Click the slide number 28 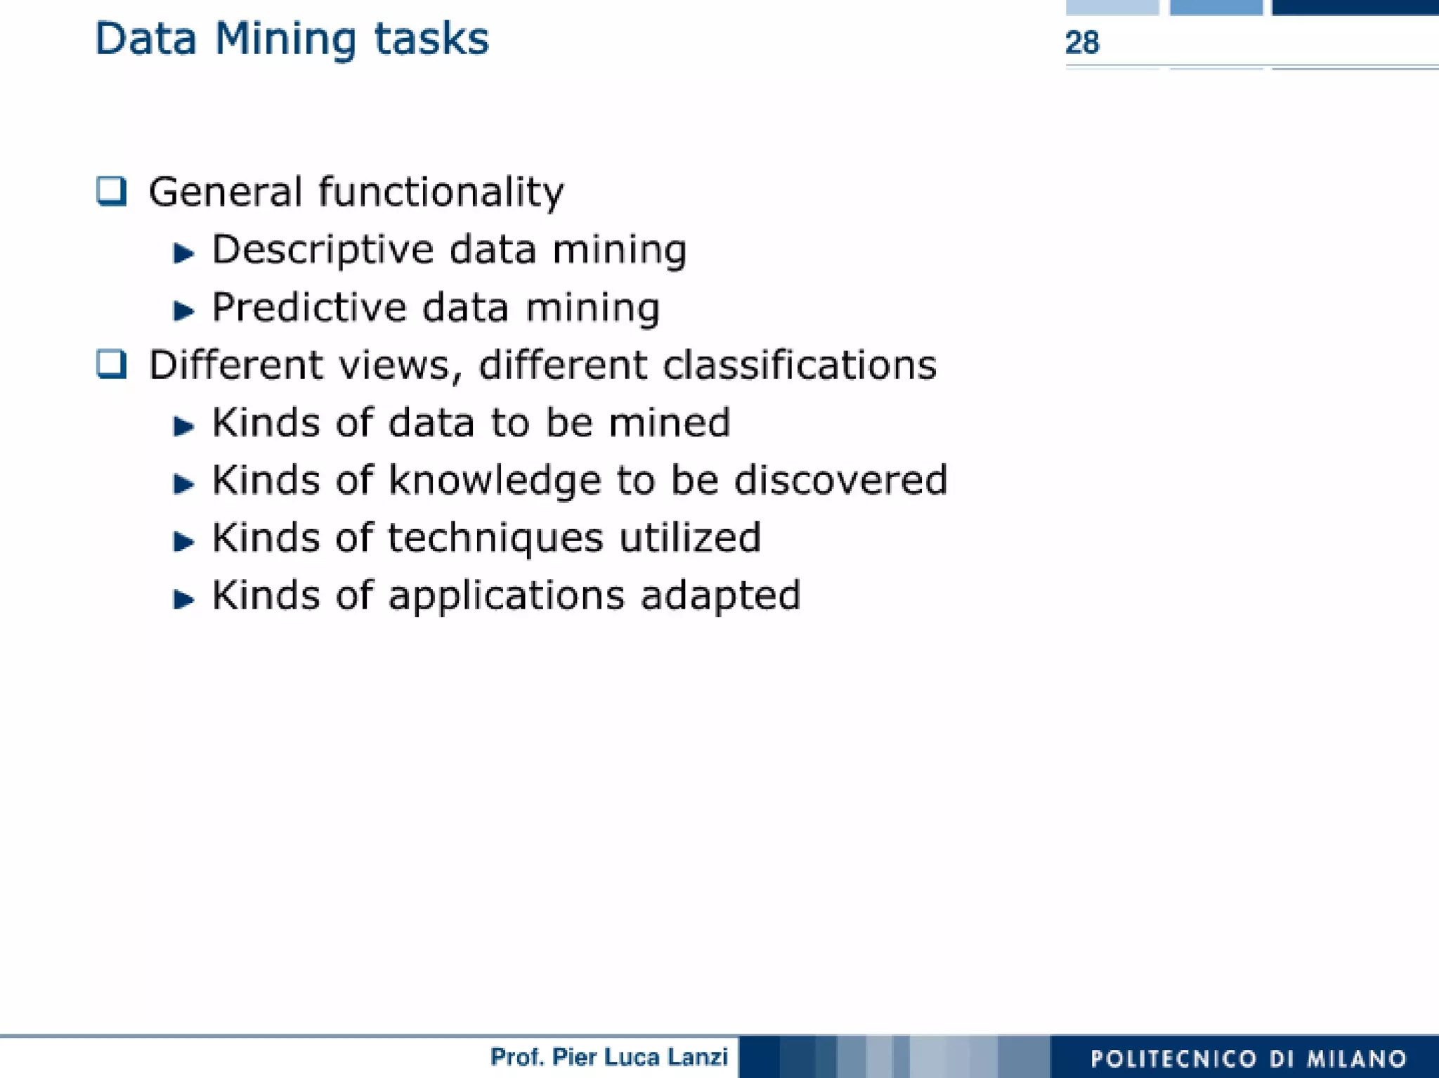(1082, 43)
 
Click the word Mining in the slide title (285, 40)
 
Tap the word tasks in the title (431, 39)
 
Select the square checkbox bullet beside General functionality (112, 191)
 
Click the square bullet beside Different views (112, 364)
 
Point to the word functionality (441, 193)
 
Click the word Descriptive (323, 251)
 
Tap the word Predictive (309, 309)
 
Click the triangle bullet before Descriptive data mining (183, 253)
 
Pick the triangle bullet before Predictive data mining (183, 311)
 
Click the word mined (669, 423)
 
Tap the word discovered (840, 481)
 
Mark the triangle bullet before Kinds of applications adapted (183, 599)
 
